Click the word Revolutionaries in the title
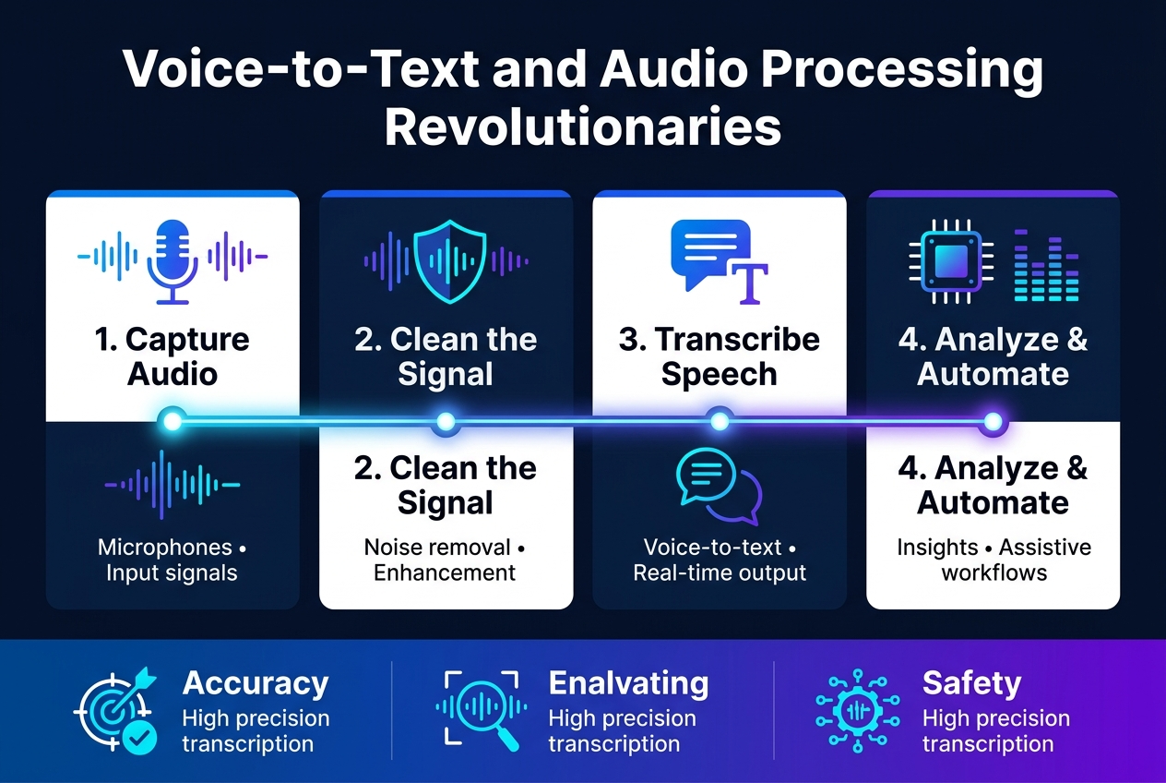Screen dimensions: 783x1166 [x=583, y=126]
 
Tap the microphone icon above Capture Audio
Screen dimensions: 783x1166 [x=173, y=261]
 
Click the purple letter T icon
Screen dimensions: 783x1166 [x=750, y=283]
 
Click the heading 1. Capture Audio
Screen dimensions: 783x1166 [x=173, y=356]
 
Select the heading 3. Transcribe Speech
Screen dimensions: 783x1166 [x=719, y=356]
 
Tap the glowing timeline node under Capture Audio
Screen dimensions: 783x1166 [x=173, y=421]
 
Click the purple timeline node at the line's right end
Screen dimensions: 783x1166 [x=993, y=422]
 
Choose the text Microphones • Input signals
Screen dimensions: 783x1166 [x=173, y=560]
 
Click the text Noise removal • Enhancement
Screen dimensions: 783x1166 [x=445, y=560]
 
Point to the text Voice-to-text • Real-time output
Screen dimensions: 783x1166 [x=720, y=560]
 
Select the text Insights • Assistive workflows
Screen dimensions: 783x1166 [x=993, y=560]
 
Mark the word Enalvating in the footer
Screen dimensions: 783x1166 [x=628, y=683]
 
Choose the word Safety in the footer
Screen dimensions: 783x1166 [x=971, y=683]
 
